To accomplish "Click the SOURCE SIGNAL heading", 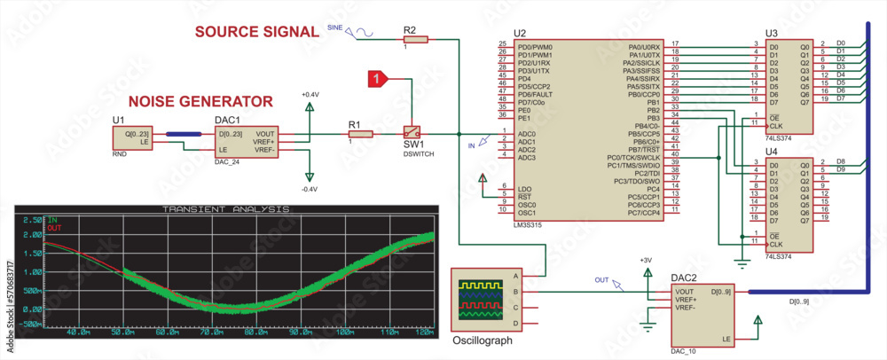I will (x=256, y=32).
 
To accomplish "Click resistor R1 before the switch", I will (x=359, y=134).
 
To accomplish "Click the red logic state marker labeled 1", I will (x=378, y=80).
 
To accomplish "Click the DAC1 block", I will (x=247, y=142).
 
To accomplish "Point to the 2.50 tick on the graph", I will (x=32, y=218).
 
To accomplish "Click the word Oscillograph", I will (x=483, y=340).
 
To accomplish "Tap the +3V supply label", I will (x=645, y=260).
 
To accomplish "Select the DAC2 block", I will (x=704, y=315).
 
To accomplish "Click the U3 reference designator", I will (x=771, y=33).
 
